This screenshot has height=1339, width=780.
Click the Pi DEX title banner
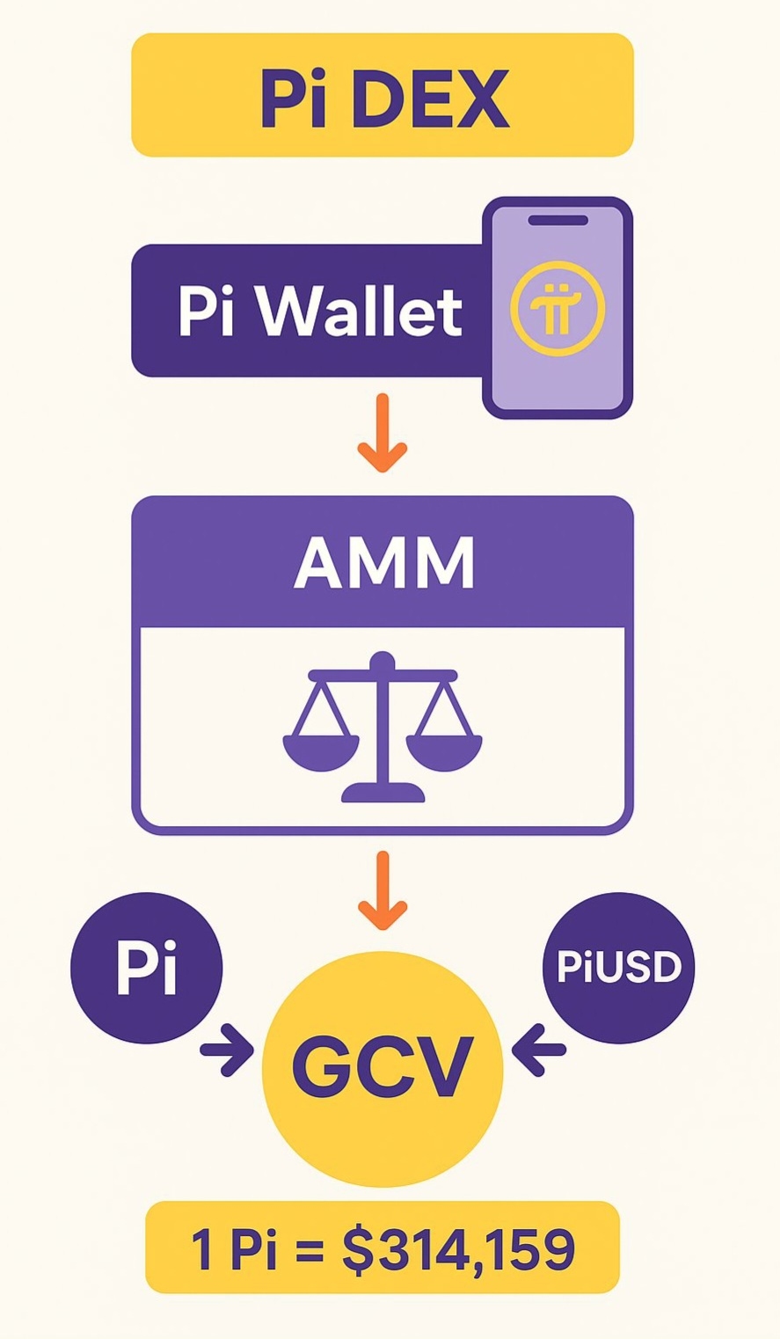tap(383, 95)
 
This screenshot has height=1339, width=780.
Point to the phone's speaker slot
tap(558, 220)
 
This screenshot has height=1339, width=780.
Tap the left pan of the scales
tap(321, 753)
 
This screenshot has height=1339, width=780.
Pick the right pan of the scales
tap(444, 753)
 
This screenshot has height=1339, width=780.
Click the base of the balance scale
tap(383, 793)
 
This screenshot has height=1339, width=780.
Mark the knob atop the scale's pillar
tap(383, 660)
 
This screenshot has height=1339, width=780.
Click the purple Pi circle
tap(147, 968)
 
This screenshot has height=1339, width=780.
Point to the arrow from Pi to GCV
tap(228, 1050)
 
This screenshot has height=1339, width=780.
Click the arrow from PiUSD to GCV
tap(538, 1050)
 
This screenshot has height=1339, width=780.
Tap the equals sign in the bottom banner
tap(309, 1249)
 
